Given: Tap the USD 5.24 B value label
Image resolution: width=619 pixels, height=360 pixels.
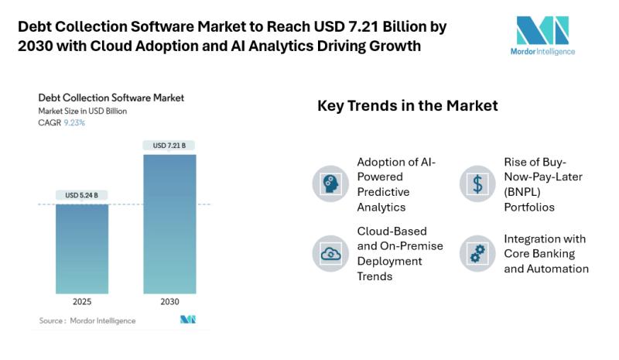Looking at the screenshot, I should click(x=82, y=195).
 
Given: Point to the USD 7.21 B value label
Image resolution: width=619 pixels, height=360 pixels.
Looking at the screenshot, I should click(x=169, y=146).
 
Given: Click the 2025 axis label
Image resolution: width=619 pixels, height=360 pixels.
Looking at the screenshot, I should click(x=82, y=302).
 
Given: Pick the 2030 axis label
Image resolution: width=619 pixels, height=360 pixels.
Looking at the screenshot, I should click(x=169, y=302).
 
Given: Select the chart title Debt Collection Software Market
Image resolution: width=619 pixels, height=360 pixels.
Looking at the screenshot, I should click(x=111, y=98).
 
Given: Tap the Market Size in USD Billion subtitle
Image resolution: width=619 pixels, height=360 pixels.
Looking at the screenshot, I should click(x=83, y=111).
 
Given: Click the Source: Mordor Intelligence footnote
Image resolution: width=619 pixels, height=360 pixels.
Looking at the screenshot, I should click(x=87, y=321).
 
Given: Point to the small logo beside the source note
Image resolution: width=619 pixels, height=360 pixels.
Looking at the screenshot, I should click(x=187, y=320).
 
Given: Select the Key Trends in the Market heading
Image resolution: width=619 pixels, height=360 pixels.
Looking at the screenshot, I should click(x=407, y=105).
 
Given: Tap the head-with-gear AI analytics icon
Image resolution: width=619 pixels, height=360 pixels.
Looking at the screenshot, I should click(x=330, y=184).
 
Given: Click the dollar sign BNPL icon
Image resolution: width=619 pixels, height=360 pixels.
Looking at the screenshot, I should click(x=477, y=184).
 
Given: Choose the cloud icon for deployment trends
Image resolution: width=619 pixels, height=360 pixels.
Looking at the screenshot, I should click(x=330, y=253).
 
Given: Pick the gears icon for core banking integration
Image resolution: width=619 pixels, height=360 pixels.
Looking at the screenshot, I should click(x=477, y=253).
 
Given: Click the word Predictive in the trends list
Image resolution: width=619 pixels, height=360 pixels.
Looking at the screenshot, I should click(x=383, y=191).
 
